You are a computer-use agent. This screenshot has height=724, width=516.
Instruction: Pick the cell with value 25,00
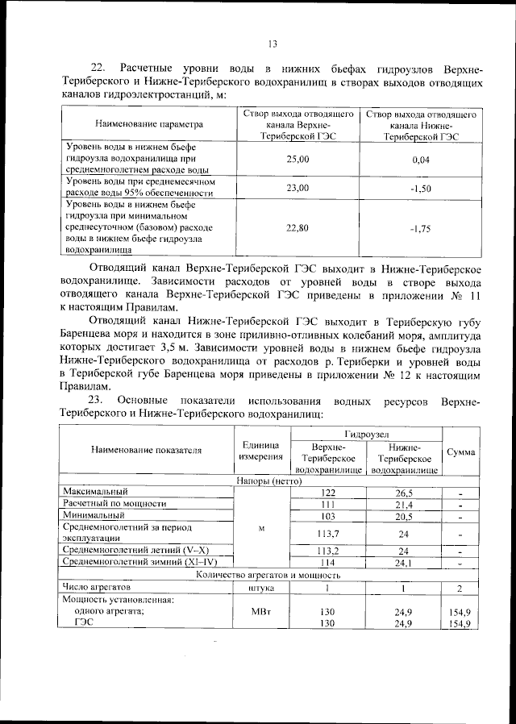coord(298,160)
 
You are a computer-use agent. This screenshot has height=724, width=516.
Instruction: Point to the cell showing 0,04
coord(420,160)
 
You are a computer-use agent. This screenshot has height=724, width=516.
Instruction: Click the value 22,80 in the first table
coord(298,228)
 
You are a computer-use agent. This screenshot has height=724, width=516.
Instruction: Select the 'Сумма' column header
coord(460,452)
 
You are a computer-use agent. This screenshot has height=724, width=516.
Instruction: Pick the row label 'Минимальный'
coord(90,515)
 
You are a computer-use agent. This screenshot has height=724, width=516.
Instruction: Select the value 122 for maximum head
coord(327,492)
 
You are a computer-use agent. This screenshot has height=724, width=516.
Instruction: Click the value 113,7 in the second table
coord(327,533)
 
